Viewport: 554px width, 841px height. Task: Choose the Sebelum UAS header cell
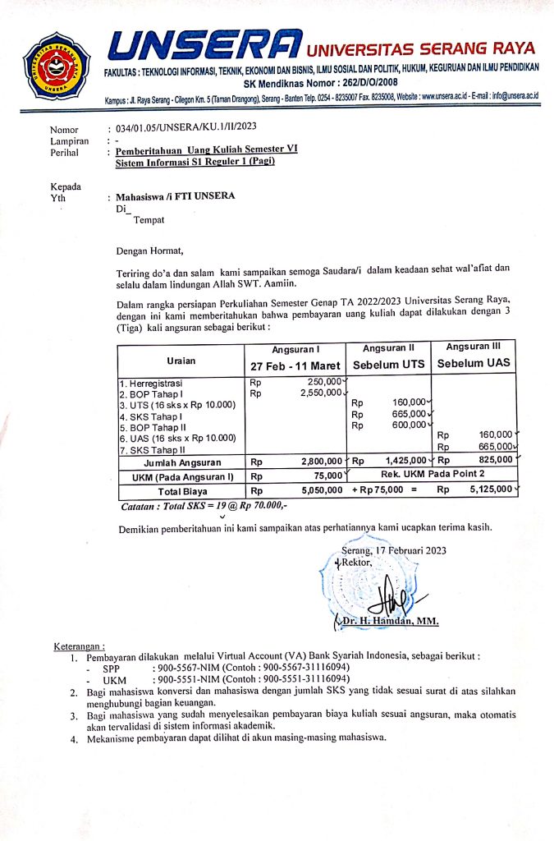click(474, 363)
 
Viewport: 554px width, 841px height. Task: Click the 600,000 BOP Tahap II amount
click(409, 425)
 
